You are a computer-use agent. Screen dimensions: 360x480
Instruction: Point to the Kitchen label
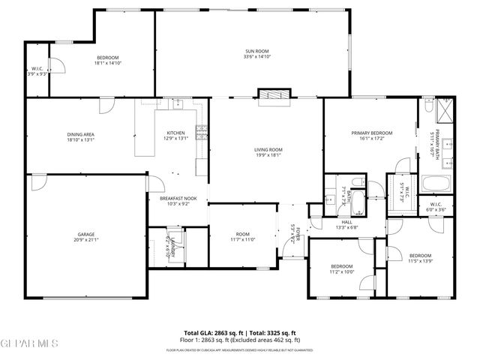[175, 136]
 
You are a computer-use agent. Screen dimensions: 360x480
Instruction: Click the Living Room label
[267, 152]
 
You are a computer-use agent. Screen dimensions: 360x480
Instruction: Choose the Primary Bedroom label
[371, 136]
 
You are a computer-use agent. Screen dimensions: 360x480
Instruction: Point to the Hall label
[346, 225]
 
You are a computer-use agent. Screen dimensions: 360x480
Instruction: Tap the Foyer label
[295, 235]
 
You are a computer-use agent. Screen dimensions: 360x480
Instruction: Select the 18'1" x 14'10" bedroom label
[107, 61]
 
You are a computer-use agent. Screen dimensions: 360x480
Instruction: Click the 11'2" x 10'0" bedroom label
[342, 268]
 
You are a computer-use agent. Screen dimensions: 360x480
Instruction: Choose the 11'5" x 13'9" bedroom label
[420, 259]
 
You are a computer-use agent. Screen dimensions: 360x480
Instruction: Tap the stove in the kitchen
[201, 132]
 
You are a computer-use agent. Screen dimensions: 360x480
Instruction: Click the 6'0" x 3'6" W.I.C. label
[436, 208]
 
